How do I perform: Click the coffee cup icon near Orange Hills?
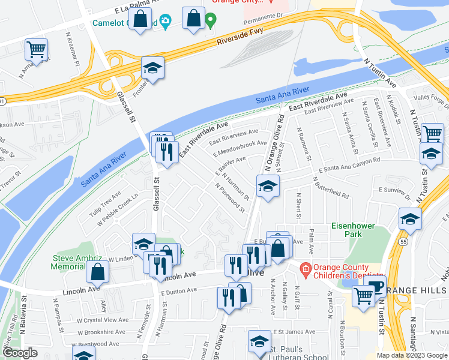376,286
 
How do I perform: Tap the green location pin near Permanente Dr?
211,22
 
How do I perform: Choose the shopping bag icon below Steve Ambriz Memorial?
97,273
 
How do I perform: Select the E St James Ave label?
294,331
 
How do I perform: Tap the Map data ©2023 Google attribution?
412,355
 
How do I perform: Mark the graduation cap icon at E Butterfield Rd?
268,186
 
